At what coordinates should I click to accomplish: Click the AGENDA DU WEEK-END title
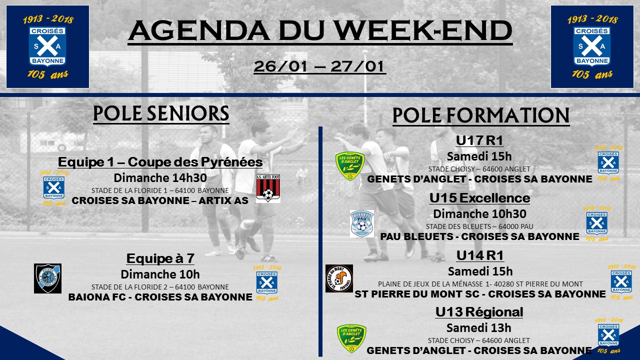point(320,31)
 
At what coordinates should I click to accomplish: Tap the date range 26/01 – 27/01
point(319,66)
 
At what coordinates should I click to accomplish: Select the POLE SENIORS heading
point(161,113)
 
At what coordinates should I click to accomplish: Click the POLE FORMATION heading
point(481,115)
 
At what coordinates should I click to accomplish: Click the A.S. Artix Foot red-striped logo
point(268,188)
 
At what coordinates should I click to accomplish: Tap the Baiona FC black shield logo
point(47,278)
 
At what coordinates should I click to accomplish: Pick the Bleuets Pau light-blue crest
point(362,223)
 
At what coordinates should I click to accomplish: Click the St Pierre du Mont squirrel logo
point(339,278)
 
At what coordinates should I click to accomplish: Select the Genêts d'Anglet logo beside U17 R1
point(350,166)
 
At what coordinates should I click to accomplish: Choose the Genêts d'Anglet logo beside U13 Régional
point(351,338)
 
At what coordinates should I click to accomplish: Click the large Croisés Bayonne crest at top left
point(47,47)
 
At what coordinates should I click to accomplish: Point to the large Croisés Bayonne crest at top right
point(592,47)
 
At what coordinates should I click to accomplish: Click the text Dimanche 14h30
point(160,178)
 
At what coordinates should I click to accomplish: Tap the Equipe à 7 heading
point(160,258)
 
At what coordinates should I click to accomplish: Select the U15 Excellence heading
point(479,197)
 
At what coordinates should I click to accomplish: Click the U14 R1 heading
point(479,255)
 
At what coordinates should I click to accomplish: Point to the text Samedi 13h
point(479,327)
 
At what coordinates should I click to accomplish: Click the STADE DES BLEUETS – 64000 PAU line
point(479,226)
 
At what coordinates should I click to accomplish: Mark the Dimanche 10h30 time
point(479,213)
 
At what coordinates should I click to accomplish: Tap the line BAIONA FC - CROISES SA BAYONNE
point(160,297)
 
